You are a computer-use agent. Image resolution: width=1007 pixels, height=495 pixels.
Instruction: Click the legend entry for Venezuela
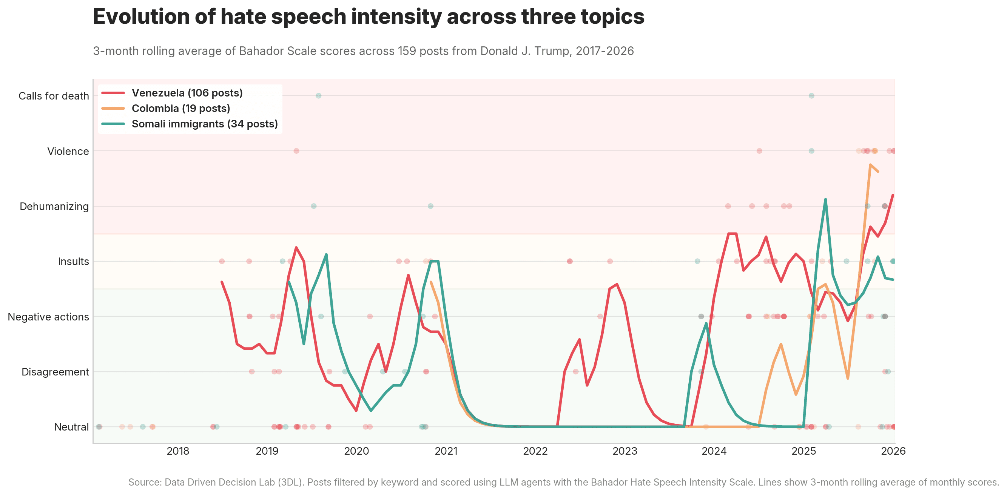tap(187, 93)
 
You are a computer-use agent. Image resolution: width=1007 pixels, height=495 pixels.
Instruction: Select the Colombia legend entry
tap(180, 109)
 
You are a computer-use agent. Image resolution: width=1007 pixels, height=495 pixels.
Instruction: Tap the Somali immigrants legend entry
tap(204, 124)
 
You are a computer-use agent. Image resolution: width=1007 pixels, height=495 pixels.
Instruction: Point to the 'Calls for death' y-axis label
tap(54, 96)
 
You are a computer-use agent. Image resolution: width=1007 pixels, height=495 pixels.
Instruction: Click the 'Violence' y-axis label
tap(68, 152)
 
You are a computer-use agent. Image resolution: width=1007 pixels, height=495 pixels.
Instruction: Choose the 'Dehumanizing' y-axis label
tap(54, 207)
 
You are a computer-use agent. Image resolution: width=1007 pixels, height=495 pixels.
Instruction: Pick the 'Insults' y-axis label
tap(74, 262)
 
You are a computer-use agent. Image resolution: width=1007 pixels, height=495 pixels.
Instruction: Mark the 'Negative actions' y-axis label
tap(48, 317)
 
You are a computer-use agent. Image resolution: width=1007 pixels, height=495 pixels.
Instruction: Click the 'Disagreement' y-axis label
tap(55, 372)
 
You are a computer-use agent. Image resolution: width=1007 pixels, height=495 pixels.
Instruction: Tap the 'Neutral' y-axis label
tap(71, 427)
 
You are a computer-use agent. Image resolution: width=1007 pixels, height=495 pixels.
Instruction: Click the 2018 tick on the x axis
tap(178, 451)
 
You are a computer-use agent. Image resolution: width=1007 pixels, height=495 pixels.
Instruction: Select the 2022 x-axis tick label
tap(535, 451)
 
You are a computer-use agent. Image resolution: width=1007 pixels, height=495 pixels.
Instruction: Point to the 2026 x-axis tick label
tap(893, 451)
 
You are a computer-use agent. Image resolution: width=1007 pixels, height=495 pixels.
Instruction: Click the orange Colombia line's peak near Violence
tap(870, 165)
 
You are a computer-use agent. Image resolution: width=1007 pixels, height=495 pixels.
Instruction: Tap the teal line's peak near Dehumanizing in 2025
tap(825, 199)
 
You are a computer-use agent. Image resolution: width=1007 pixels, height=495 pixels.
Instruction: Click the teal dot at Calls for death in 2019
tap(319, 96)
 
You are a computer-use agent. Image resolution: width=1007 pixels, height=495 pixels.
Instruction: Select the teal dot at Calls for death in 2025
tap(811, 96)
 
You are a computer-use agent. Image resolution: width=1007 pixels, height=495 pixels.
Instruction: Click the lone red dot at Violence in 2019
tap(296, 151)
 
